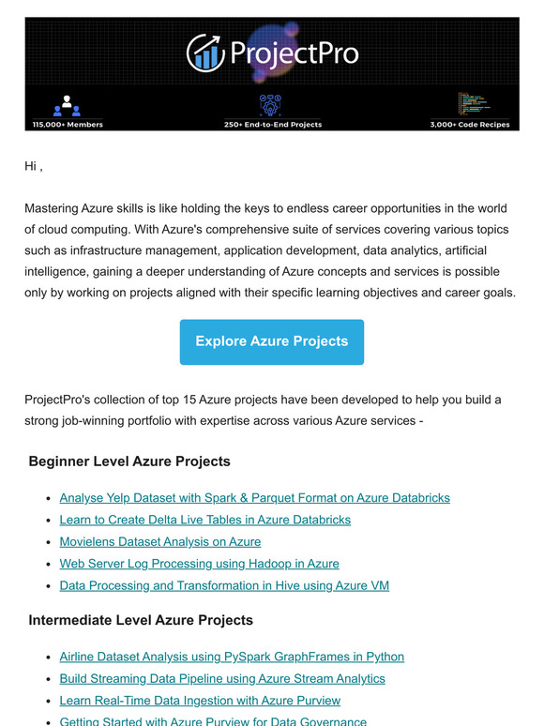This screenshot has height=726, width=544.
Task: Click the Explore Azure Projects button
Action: [x=271, y=341]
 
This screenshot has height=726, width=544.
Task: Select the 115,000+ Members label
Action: [x=68, y=124]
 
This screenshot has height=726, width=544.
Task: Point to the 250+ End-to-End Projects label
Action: [x=272, y=124]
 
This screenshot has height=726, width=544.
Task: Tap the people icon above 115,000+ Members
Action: [x=67, y=105]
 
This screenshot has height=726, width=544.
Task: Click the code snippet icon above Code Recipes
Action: [x=471, y=103]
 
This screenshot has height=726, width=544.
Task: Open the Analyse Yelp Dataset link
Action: [x=254, y=498]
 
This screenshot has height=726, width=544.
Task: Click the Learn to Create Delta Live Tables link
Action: [x=204, y=520]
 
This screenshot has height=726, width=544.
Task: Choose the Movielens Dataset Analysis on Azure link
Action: [x=159, y=541]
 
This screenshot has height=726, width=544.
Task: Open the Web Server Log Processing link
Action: [x=199, y=564]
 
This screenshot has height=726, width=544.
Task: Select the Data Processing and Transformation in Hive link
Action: [x=224, y=585]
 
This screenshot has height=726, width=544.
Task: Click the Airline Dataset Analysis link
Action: [x=232, y=657]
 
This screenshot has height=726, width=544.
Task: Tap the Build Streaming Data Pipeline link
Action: [x=222, y=678]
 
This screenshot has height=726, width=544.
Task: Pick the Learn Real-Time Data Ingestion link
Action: [x=200, y=701]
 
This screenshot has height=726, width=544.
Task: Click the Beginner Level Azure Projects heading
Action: [x=129, y=461]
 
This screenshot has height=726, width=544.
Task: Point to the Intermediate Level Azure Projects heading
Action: [x=141, y=620]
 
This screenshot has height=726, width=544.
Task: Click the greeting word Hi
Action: [x=31, y=166]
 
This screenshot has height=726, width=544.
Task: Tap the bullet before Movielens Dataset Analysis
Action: [x=48, y=542]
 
